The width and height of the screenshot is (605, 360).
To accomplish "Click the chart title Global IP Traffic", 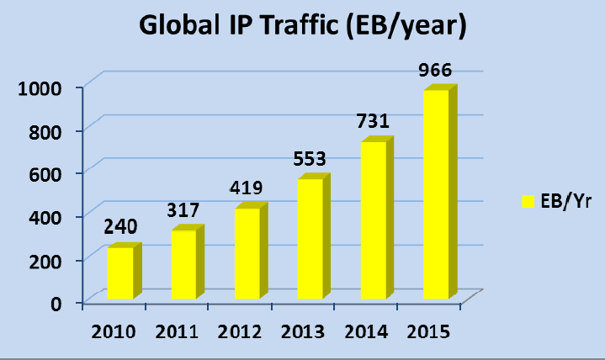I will pos(303,27).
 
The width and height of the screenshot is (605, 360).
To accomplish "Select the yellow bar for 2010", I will pos(119,273).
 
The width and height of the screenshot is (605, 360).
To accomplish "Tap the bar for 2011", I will pos(183,264).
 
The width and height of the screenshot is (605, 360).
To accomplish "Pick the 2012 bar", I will pos(247,253).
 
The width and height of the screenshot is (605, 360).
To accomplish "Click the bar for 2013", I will pos(310,239).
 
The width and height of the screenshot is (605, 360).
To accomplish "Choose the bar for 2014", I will pos(373,220).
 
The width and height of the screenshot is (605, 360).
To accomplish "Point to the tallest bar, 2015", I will pos(436,194).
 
